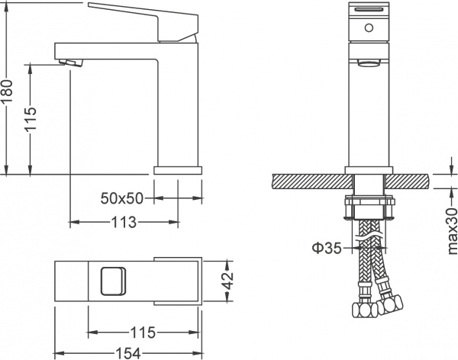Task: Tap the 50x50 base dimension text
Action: [123, 198]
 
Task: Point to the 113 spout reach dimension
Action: [123, 223]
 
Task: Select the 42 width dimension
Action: [226, 280]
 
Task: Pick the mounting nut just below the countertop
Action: [369, 207]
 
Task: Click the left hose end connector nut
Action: [358, 310]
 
